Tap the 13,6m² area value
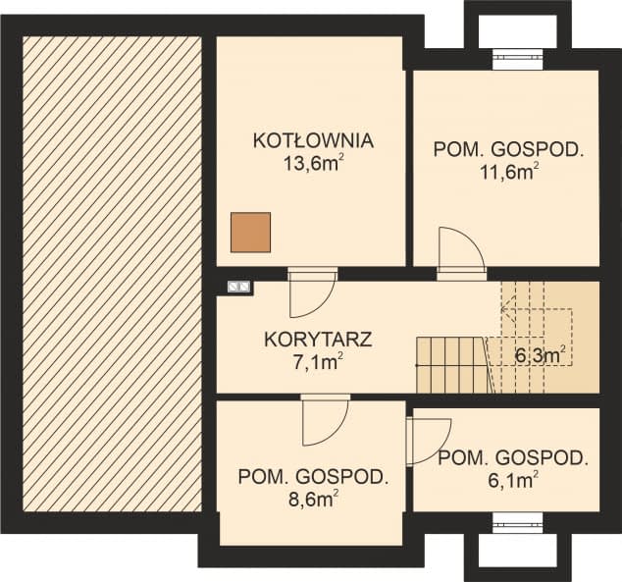(312, 162)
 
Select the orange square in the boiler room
(250, 233)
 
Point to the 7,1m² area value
(317, 364)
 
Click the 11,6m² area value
(509, 173)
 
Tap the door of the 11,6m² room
(460, 249)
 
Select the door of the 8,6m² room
(325, 419)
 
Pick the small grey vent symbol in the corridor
(239, 287)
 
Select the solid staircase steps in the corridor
(452, 364)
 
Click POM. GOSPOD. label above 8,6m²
(313, 478)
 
